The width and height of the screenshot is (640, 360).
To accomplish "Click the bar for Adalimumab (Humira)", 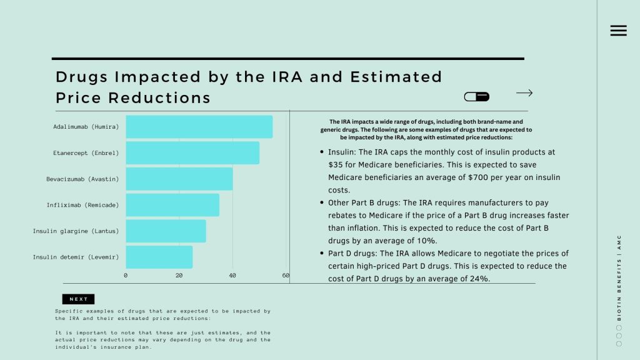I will click(199, 127).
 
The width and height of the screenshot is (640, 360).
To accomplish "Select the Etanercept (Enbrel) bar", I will click(192, 153).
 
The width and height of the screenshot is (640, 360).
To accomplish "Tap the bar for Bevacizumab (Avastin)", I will click(179, 179).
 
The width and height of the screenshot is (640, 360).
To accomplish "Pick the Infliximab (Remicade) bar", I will click(172, 205).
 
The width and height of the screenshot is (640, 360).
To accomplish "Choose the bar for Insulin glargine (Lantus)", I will click(166, 231).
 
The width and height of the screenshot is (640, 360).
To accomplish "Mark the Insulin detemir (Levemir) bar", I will click(159, 257).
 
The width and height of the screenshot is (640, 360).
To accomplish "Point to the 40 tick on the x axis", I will click(232, 276).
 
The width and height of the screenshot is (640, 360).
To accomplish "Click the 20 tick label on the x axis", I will click(179, 276).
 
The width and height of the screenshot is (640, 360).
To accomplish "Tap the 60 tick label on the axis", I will click(286, 276).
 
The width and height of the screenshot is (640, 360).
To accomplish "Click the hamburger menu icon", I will click(618, 31).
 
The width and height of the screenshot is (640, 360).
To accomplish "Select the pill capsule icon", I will click(476, 96).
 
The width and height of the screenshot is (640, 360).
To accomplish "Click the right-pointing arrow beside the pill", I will click(524, 93).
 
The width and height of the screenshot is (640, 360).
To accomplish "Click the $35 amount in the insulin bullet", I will click(335, 165).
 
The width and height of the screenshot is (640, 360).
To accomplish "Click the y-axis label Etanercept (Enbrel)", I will click(86, 153).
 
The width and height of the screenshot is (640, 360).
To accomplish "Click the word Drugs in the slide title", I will click(79, 77).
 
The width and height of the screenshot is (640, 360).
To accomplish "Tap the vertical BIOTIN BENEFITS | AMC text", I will click(619, 277).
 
